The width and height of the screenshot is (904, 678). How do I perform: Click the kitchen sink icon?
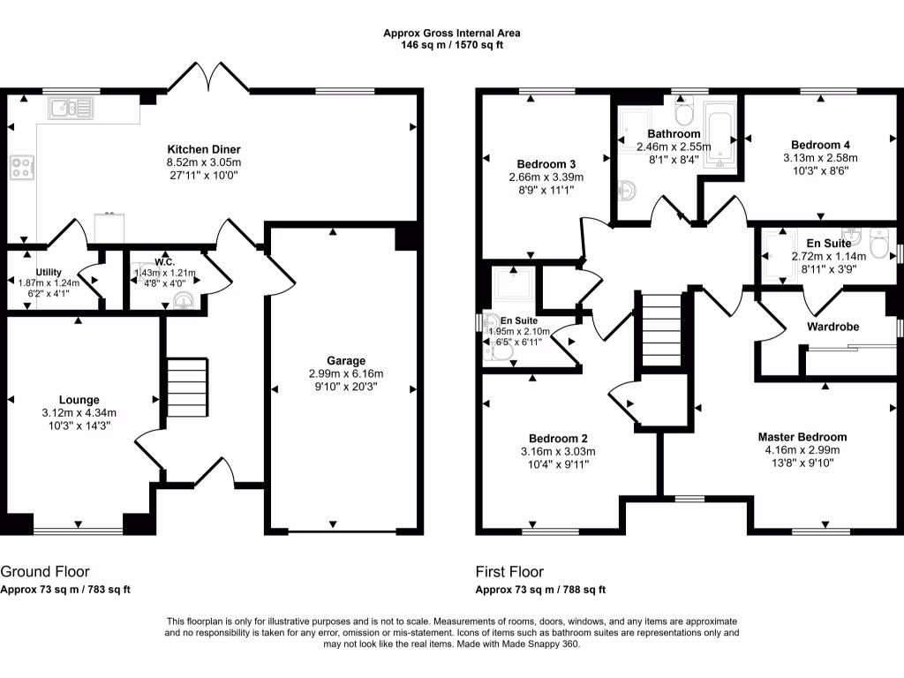pos(72,109)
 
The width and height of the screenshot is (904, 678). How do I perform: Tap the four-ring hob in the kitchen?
pos(22,167)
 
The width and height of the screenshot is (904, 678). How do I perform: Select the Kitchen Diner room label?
pos(204,149)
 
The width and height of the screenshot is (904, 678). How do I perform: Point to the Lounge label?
pos(79,400)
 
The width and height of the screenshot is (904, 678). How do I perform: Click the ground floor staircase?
pos(186,388)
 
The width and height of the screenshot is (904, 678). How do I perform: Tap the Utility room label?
pos(49,272)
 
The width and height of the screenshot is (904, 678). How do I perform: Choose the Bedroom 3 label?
pos(546,164)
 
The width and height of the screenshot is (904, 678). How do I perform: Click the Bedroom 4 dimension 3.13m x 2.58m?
pos(820,158)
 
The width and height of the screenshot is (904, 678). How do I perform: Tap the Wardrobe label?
pos(832,327)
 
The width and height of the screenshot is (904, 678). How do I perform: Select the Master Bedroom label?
pos(802,437)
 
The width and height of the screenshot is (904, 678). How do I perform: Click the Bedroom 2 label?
pos(558,439)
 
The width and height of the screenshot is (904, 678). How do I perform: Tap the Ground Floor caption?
pos(45,571)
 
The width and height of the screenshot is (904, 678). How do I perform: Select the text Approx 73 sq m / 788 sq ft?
pos(540,590)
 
